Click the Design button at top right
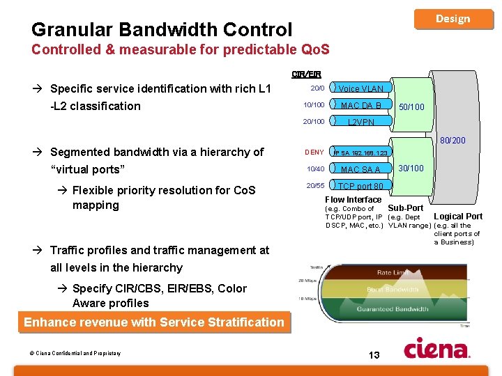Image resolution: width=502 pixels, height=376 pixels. pos(453,19)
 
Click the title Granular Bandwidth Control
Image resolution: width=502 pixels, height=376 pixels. pos(162,30)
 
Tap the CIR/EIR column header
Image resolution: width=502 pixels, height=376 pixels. pos(306,73)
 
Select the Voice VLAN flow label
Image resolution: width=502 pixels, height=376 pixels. pos(360,89)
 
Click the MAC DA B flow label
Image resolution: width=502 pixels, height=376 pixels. pos(360,105)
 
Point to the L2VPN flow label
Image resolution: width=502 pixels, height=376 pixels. pos(360,122)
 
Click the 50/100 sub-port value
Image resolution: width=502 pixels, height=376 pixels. pos(411,107)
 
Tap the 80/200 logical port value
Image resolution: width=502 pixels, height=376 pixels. pos(451,141)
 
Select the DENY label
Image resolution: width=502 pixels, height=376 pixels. pos(314,152)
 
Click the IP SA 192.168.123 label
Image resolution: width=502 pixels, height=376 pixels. pos(360,152)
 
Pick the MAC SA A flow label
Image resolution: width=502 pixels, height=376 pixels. pos(360,169)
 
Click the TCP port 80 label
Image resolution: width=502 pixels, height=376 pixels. pos(360,186)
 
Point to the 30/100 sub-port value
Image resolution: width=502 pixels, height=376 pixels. pos(411,168)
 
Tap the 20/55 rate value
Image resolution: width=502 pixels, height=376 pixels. pos(315,186)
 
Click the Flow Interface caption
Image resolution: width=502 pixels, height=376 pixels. pos(353,200)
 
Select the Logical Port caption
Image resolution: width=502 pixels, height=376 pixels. pos(458,217)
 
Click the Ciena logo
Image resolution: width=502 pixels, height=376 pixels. pos(437,347)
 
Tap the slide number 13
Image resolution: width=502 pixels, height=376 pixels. pos(374,355)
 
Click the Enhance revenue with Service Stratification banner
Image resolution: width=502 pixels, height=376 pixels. pos(154,322)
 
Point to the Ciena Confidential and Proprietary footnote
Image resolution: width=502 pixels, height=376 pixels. pos(75,353)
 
